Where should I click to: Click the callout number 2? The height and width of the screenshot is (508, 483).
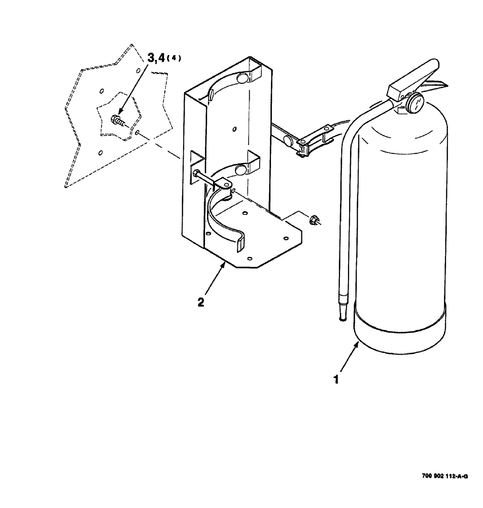pyautogui.click(x=201, y=302)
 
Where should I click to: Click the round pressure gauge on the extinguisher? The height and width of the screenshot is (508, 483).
pyautogui.click(x=415, y=104)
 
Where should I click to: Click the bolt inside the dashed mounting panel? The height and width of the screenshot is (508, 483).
pyautogui.click(x=116, y=121)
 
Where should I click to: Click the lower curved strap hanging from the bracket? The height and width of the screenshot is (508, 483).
pyautogui.click(x=223, y=224)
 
